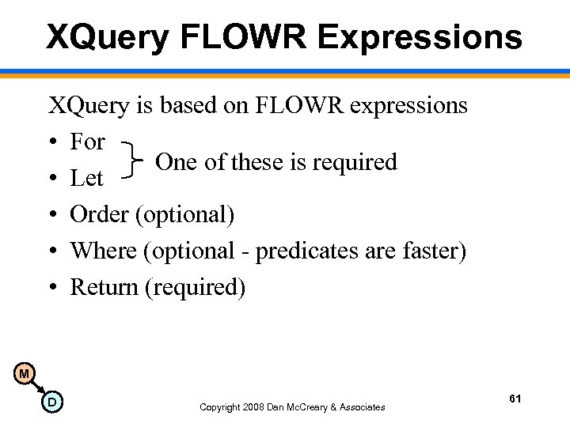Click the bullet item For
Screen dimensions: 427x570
pyautogui.click(x=87, y=142)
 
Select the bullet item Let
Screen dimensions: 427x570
pyautogui.click(x=87, y=179)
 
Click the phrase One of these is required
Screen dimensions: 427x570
pyautogui.click(x=275, y=161)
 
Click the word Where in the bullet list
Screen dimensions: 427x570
pyautogui.click(x=104, y=251)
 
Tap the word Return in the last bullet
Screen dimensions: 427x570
pyautogui.click(x=104, y=287)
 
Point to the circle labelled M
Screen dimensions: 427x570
pyautogui.click(x=25, y=372)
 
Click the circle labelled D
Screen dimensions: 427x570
pyautogui.click(x=51, y=402)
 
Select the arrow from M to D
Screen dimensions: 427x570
pyautogui.click(x=38, y=387)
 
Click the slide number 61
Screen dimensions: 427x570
pyautogui.click(x=515, y=399)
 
